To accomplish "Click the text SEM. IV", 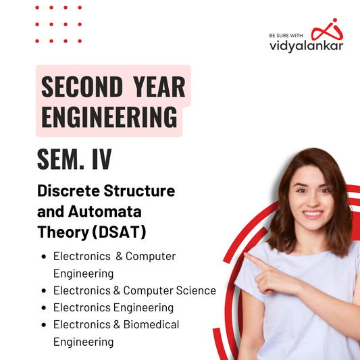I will coord(74,161).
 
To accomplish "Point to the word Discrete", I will coord(66,190).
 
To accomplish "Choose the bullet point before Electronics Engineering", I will coord(45,308).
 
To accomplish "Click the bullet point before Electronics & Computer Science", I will coord(45,291).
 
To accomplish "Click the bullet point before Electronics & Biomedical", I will coord(45,325).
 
